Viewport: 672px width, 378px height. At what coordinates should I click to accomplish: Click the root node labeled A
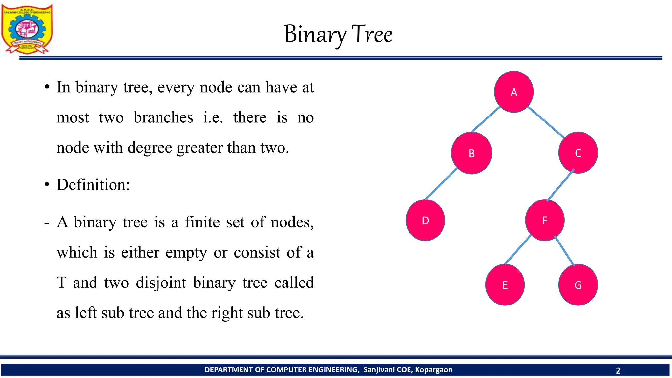click(514, 92)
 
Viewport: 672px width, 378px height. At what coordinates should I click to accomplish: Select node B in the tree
click(472, 153)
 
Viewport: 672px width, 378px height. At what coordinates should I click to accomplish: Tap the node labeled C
click(578, 153)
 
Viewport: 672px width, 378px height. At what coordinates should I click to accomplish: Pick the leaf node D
click(425, 220)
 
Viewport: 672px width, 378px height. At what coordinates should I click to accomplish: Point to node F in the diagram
click(545, 220)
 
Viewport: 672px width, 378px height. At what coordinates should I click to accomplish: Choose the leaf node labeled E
click(505, 285)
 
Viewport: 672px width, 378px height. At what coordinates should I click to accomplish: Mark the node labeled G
click(578, 285)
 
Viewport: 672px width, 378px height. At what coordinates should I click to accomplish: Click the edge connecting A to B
click(486, 119)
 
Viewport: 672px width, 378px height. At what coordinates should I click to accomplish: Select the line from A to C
click(546, 122)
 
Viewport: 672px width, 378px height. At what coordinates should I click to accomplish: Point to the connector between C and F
click(560, 185)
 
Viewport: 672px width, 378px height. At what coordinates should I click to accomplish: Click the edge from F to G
click(564, 251)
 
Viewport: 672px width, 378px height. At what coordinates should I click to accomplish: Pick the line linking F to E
click(518, 250)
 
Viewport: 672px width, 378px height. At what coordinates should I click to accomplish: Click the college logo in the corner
click(27, 29)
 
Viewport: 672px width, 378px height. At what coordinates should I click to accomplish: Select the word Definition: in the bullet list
click(93, 185)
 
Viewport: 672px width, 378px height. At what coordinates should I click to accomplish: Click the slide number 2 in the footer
click(618, 370)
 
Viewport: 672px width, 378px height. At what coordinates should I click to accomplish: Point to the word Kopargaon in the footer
click(433, 370)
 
